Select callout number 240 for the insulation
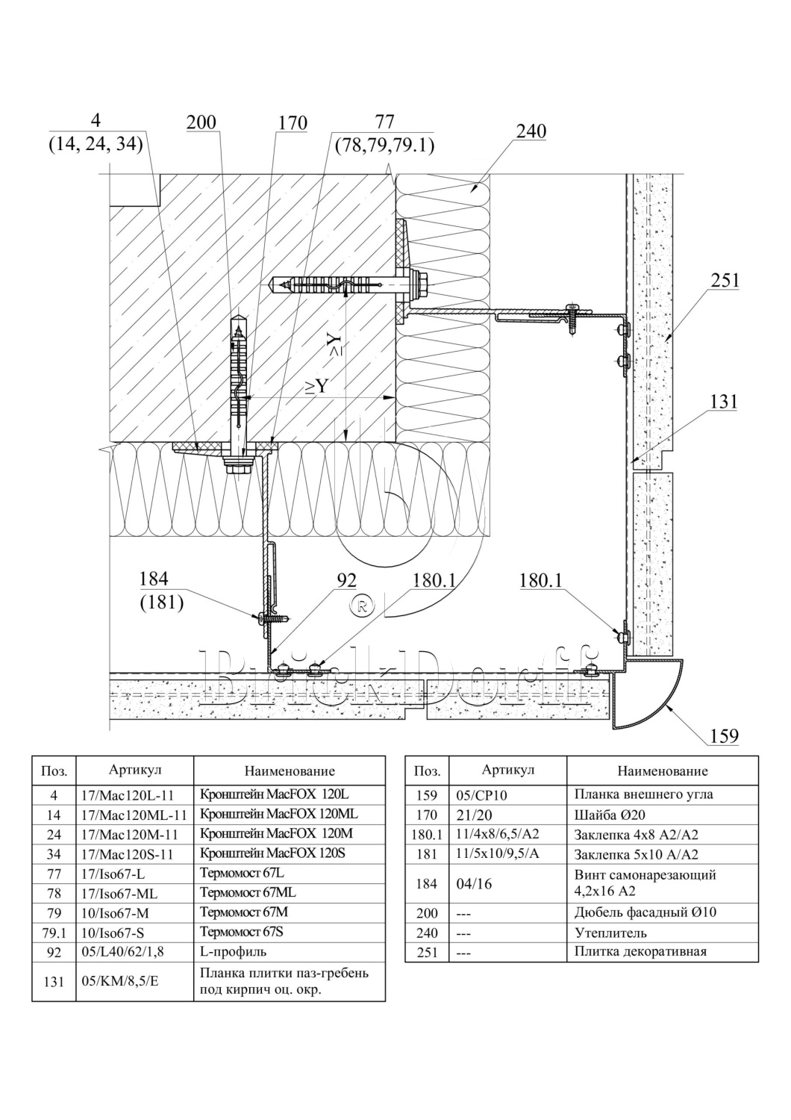point(531,131)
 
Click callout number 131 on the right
point(723,402)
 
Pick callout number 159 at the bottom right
point(723,736)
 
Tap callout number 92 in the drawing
point(347,580)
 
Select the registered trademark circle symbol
point(361,606)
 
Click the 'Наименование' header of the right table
point(662,771)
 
